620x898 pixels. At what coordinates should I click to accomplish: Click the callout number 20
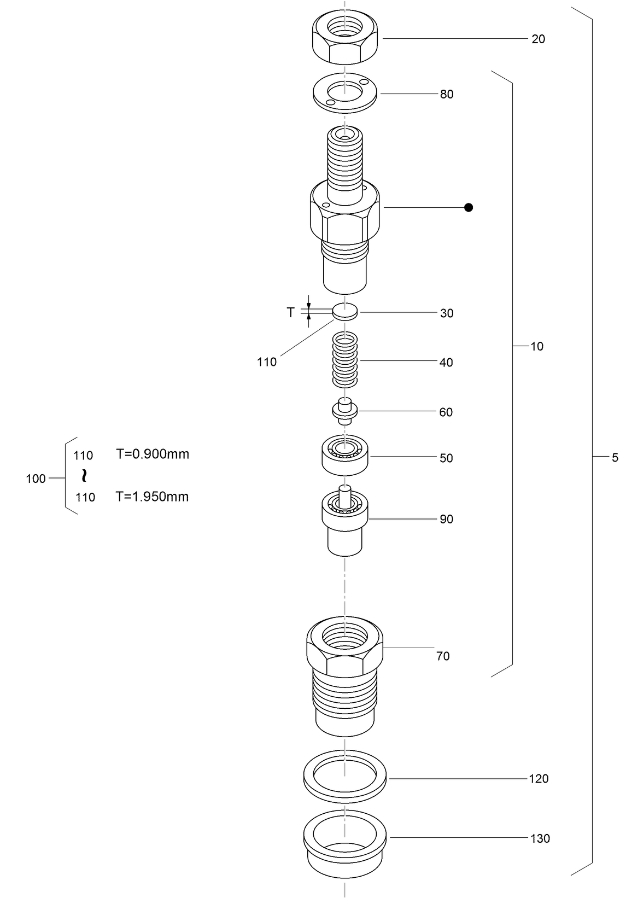(538, 39)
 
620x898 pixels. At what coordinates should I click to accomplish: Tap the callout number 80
(446, 94)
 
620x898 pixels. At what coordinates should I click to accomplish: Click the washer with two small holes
(345, 93)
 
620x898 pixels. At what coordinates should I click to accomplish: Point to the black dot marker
(468, 207)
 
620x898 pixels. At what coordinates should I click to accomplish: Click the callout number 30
(446, 313)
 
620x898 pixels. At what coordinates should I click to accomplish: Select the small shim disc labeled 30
(345, 312)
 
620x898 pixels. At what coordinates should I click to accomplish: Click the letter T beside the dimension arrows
(291, 312)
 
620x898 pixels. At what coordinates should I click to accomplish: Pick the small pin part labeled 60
(345, 411)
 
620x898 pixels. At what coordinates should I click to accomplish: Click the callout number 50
(446, 458)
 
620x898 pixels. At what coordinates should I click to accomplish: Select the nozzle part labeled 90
(344, 522)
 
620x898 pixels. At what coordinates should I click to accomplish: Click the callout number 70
(443, 656)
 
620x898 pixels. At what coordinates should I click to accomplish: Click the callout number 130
(540, 838)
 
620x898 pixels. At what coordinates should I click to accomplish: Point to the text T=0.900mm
(152, 454)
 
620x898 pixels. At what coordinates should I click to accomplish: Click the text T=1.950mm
(152, 497)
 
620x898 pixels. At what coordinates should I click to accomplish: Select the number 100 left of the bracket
(36, 479)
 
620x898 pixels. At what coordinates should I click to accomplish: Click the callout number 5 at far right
(615, 458)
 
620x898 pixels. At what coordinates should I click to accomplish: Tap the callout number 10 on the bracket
(537, 346)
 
